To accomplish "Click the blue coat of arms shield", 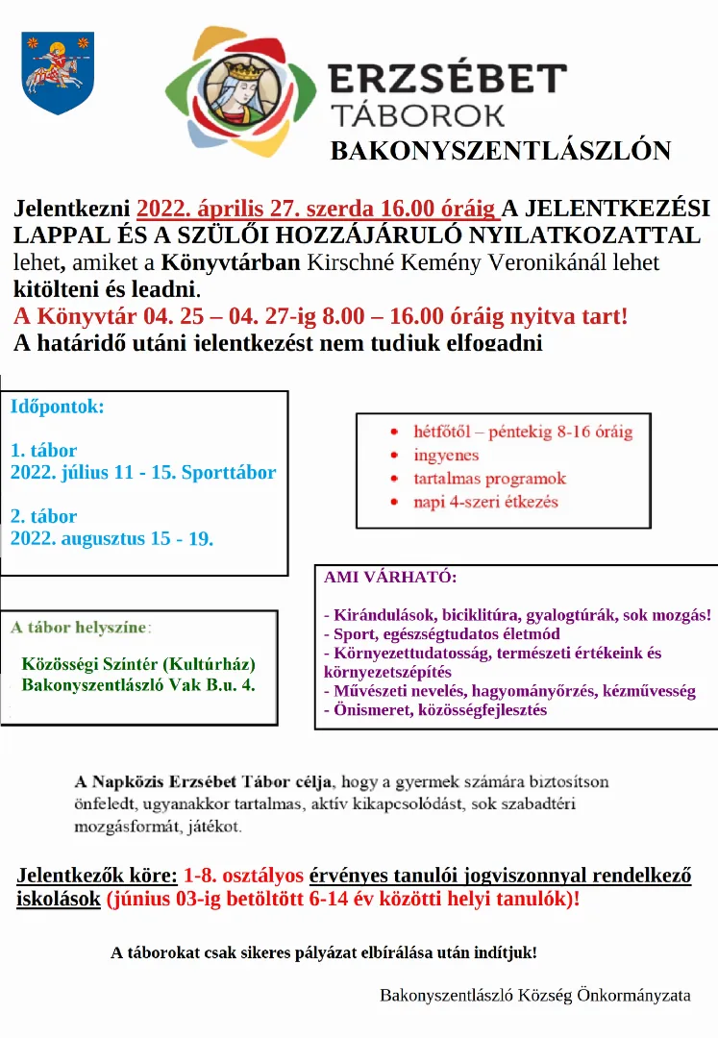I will [57, 72].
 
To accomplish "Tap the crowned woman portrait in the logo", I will [238, 92].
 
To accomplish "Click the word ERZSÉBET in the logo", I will [447, 78].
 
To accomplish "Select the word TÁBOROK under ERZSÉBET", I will [417, 114].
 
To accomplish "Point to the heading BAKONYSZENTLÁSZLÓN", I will [501, 151].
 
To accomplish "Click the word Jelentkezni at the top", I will [72, 209].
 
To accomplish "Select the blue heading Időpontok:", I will [58, 406].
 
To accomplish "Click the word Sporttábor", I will [229, 473].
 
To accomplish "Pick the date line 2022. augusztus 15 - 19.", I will [112, 538].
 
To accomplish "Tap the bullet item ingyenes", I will [447, 455].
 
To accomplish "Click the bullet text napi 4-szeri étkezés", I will [485, 501].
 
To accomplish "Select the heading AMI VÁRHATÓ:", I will [390, 578].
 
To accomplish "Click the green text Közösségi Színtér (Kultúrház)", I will [138, 665].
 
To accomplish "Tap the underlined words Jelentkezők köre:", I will [97, 876].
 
